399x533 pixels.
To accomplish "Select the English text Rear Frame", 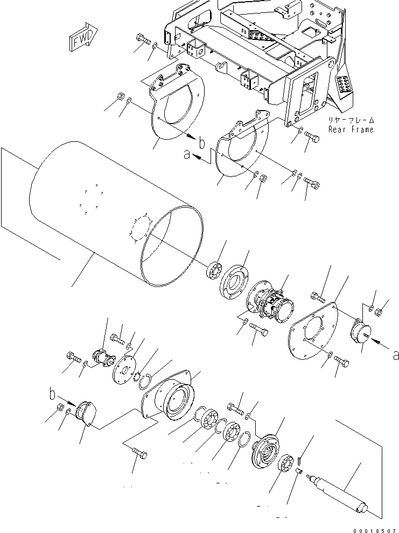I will (x=351, y=129).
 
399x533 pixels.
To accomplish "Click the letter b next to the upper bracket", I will (x=202, y=143).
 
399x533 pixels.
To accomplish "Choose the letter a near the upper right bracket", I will (x=187, y=155).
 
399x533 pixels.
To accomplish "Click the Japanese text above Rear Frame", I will (x=351, y=120).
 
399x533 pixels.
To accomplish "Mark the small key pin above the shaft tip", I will (x=299, y=461).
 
